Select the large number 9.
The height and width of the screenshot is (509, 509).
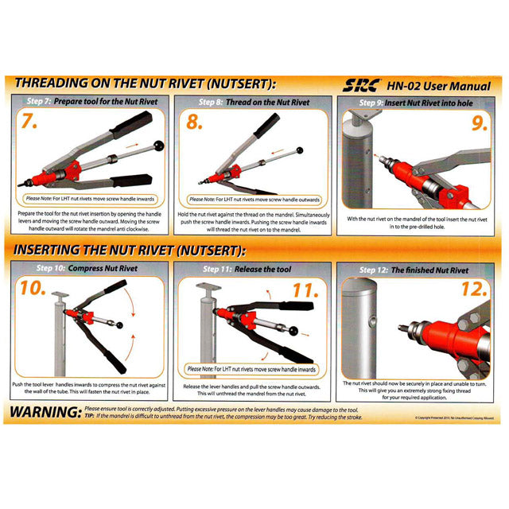[476, 124]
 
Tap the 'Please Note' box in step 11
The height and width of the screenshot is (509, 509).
[251, 369]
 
